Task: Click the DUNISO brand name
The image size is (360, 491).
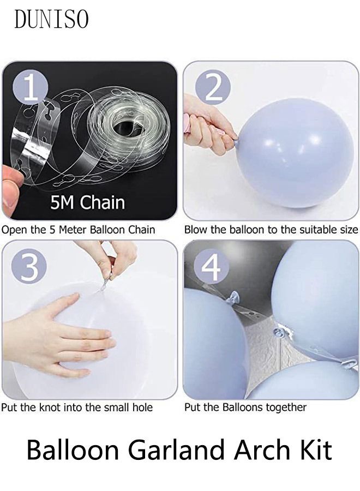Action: (x=51, y=19)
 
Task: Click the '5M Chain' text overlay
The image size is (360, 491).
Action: (x=87, y=203)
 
